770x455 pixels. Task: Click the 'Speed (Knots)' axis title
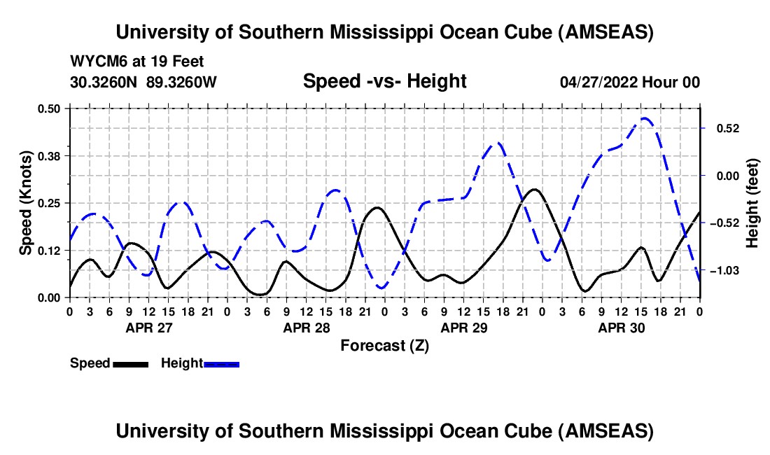[26, 203]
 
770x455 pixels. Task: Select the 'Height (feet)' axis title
[752, 203]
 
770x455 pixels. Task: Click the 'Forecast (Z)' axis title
[384, 345]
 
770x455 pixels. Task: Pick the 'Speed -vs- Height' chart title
[384, 82]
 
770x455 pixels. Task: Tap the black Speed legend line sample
[130, 364]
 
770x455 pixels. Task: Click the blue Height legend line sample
[222, 364]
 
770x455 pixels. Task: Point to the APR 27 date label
[148, 327]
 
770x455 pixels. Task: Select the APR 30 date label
[620, 327]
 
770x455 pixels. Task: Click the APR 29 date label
[463, 327]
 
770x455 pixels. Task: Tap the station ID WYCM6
[95, 62]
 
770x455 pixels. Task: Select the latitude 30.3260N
[104, 82]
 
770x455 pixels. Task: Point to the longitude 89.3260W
[182, 82]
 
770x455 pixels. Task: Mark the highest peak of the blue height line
[644, 119]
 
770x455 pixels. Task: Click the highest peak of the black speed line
[534, 189]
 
